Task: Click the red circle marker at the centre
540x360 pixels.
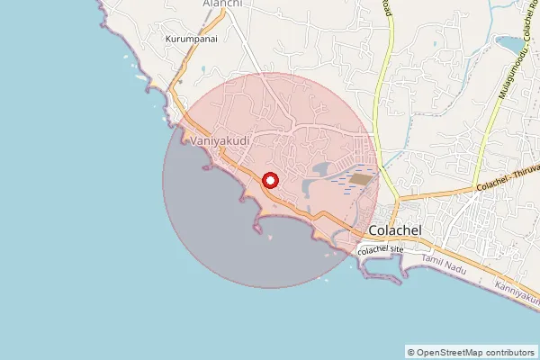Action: (270, 180)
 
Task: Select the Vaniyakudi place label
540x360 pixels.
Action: (220, 141)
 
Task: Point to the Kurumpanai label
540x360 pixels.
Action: (193, 40)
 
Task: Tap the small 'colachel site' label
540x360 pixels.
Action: (384, 249)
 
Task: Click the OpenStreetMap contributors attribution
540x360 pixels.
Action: (471, 352)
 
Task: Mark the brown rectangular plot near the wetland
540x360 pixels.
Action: (361, 179)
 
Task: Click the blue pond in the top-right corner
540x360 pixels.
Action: (510, 44)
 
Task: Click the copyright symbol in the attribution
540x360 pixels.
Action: (410, 352)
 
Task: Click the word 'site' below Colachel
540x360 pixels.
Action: (402, 249)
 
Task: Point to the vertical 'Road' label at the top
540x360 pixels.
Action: (388, 7)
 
